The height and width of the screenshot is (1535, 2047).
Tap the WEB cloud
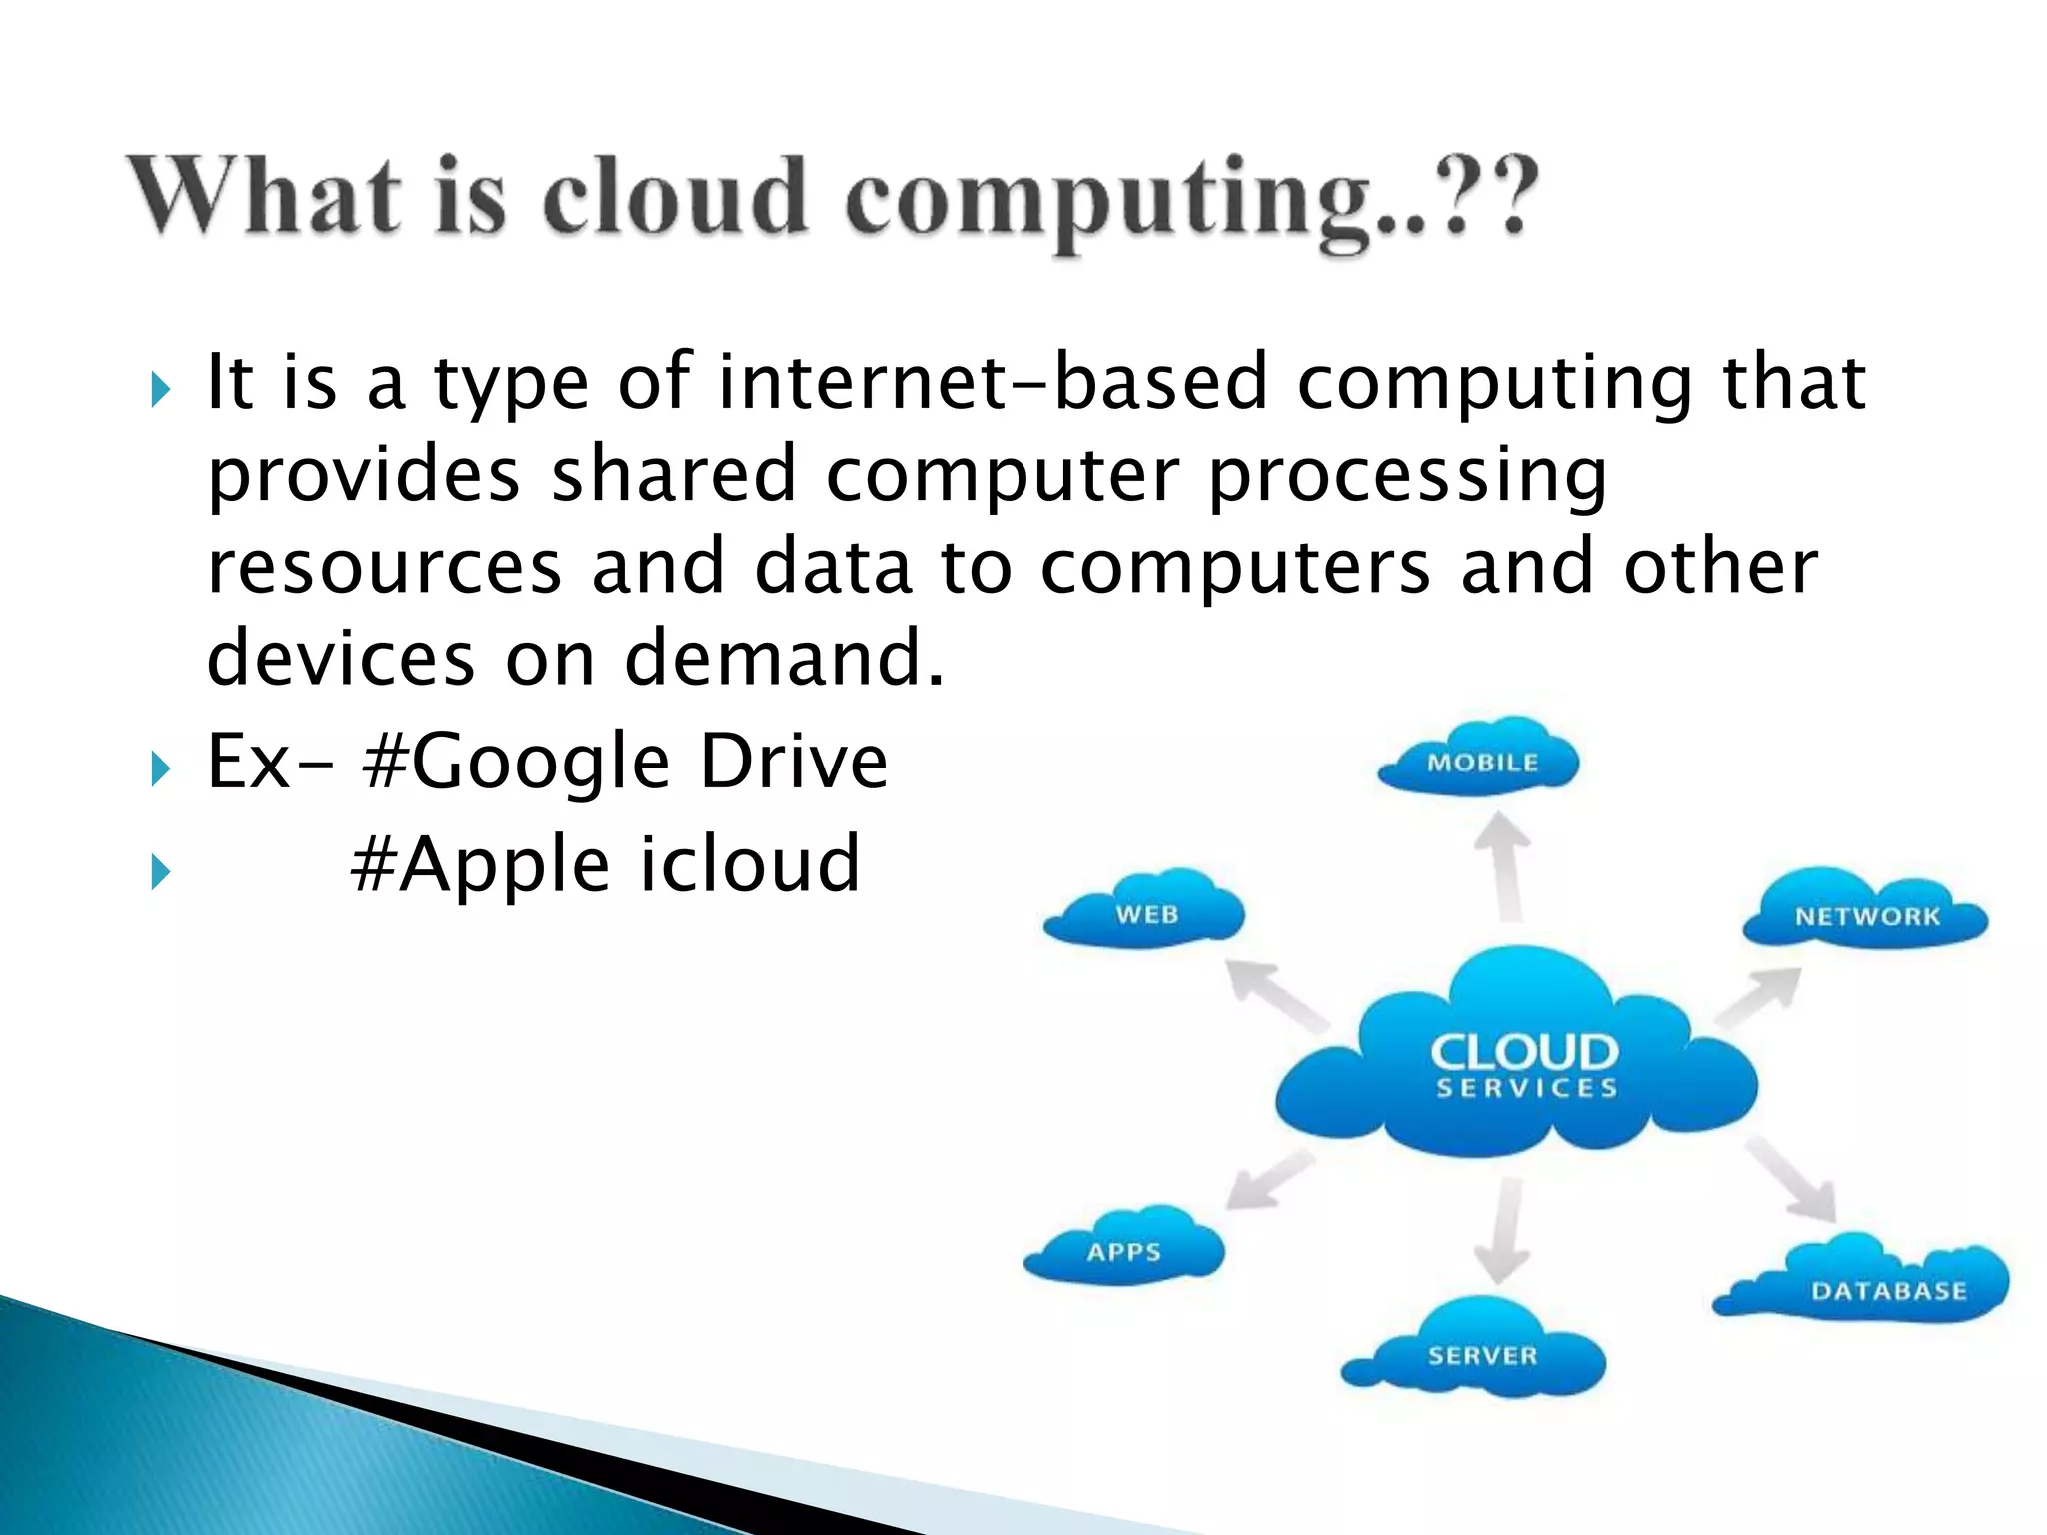(1145, 911)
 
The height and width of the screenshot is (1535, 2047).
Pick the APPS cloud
(1124, 1249)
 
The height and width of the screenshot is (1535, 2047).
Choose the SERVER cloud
(1479, 1353)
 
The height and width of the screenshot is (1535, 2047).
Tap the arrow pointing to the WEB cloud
(1275, 993)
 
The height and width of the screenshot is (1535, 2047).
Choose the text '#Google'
(516, 762)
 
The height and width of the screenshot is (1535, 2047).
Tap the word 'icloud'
(749, 864)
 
